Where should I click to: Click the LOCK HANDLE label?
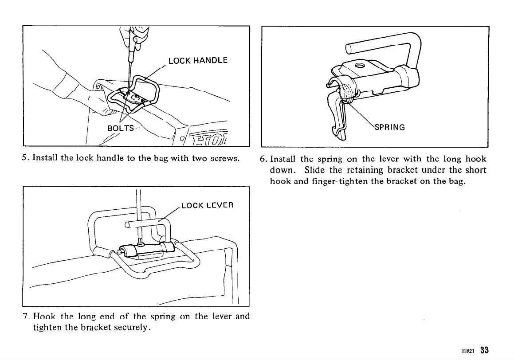click(x=198, y=60)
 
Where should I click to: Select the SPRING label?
click(x=390, y=128)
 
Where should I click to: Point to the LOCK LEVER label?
click(x=207, y=205)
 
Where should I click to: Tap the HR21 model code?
click(x=468, y=351)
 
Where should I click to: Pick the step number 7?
click(x=25, y=317)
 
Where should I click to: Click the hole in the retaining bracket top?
click(x=360, y=66)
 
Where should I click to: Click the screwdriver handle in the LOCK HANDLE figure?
click(x=132, y=38)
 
